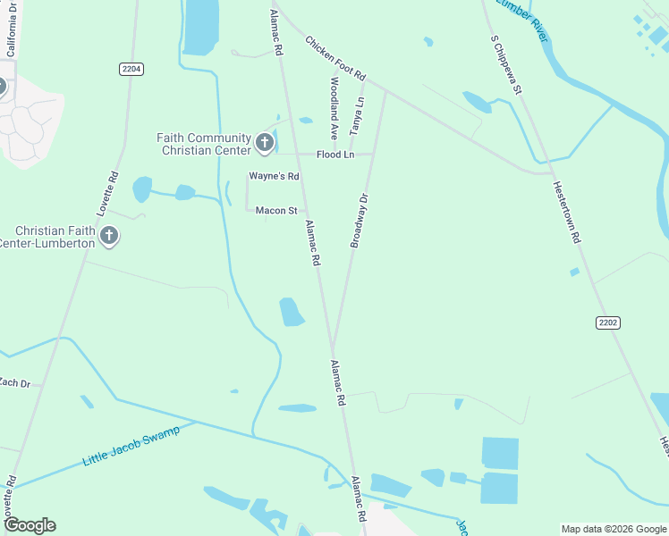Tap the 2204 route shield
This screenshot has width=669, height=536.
[x=131, y=68]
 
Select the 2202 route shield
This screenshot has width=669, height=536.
[x=608, y=322]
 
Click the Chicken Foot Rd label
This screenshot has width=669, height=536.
[x=335, y=57]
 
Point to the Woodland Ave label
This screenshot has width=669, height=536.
[x=334, y=107]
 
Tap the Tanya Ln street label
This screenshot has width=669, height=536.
[x=358, y=116]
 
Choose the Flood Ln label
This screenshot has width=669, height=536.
[x=336, y=155]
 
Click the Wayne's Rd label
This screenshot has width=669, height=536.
[x=274, y=176]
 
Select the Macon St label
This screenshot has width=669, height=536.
[x=276, y=211]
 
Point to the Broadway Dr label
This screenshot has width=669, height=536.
[x=360, y=221]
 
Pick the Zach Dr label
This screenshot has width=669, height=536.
[x=14, y=383]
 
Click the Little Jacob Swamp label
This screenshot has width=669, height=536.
[x=131, y=446]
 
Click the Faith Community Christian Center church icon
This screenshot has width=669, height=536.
[x=264, y=142]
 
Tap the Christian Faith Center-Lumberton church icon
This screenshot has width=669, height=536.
[x=109, y=236]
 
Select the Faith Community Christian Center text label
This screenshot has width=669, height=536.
[x=203, y=144]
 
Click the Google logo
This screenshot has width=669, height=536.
[x=30, y=525]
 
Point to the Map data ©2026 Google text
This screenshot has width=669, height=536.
[x=614, y=529]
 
